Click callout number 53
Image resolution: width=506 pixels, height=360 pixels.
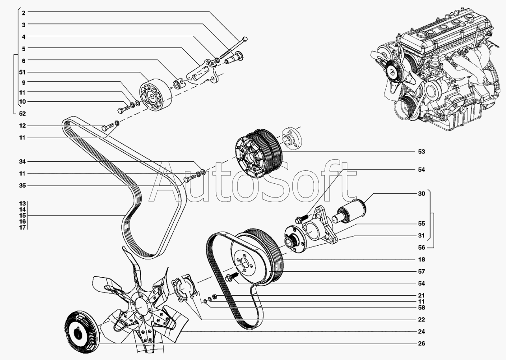(421, 151)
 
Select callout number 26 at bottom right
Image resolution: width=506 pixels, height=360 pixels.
(421, 343)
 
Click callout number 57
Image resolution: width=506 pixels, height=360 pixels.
(421, 272)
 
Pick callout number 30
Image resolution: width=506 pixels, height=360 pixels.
(421, 194)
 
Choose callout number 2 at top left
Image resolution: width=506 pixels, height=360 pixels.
(24, 13)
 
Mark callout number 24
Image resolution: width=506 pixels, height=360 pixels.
(421, 332)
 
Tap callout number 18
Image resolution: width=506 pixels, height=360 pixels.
(421, 260)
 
